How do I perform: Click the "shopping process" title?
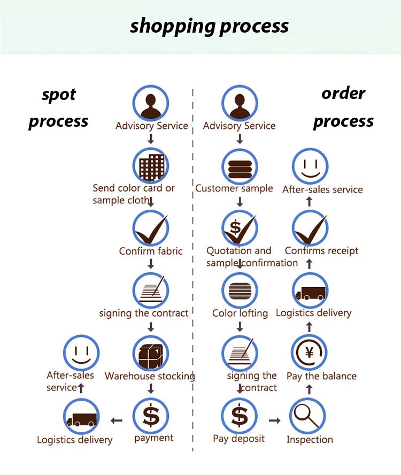[209, 26]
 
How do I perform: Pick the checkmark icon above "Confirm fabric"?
[151, 228]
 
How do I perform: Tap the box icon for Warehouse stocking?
[151, 354]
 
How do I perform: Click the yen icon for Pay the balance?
[309, 354]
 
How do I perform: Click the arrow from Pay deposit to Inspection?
[274, 421]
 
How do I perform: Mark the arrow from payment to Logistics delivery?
[116, 421]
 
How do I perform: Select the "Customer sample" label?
[234, 188]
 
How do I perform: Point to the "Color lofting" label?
[240, 313]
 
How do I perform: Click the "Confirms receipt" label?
[321, 251]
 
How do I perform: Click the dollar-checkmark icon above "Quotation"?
[239, 228]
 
